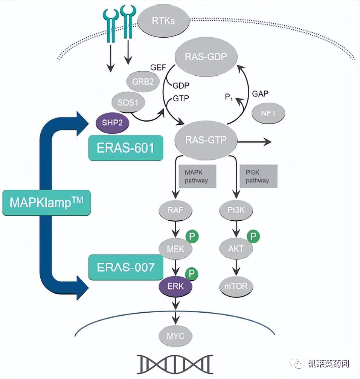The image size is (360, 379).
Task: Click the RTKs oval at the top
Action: click(x=163, y=20)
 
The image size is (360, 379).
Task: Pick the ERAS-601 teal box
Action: click(x=126, y=148)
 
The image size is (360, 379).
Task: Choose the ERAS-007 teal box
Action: click(x=126, y=267)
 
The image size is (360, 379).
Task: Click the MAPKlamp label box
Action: click(x=46, y=203)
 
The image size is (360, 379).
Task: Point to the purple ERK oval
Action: click(x=175, y=286)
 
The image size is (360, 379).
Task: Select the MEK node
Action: click(x=175, y=248)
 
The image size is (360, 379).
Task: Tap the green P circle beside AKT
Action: click(x=253, y=237)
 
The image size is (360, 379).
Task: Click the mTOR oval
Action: click(x=236, y=286)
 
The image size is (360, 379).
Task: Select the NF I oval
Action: click(x=268, y=113)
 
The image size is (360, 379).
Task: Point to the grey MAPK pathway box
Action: click(x=197, y=176)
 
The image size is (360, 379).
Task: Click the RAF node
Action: click(x=175, y=210)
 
